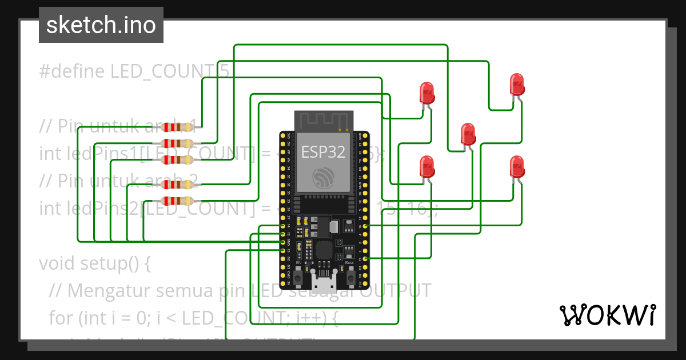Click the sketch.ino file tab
point(101,25)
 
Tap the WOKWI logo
point(607,315)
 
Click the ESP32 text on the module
point(324,153)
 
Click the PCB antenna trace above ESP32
point(324,120)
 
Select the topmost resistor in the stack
point(178,127)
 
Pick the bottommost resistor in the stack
point(178,201)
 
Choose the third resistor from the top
point(178,159)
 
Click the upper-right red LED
point(517,85)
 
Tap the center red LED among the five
point(468,134)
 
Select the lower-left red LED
point(426,166)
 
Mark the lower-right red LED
point(517,167)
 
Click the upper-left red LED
point(426,92)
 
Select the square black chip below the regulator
point(323,250)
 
